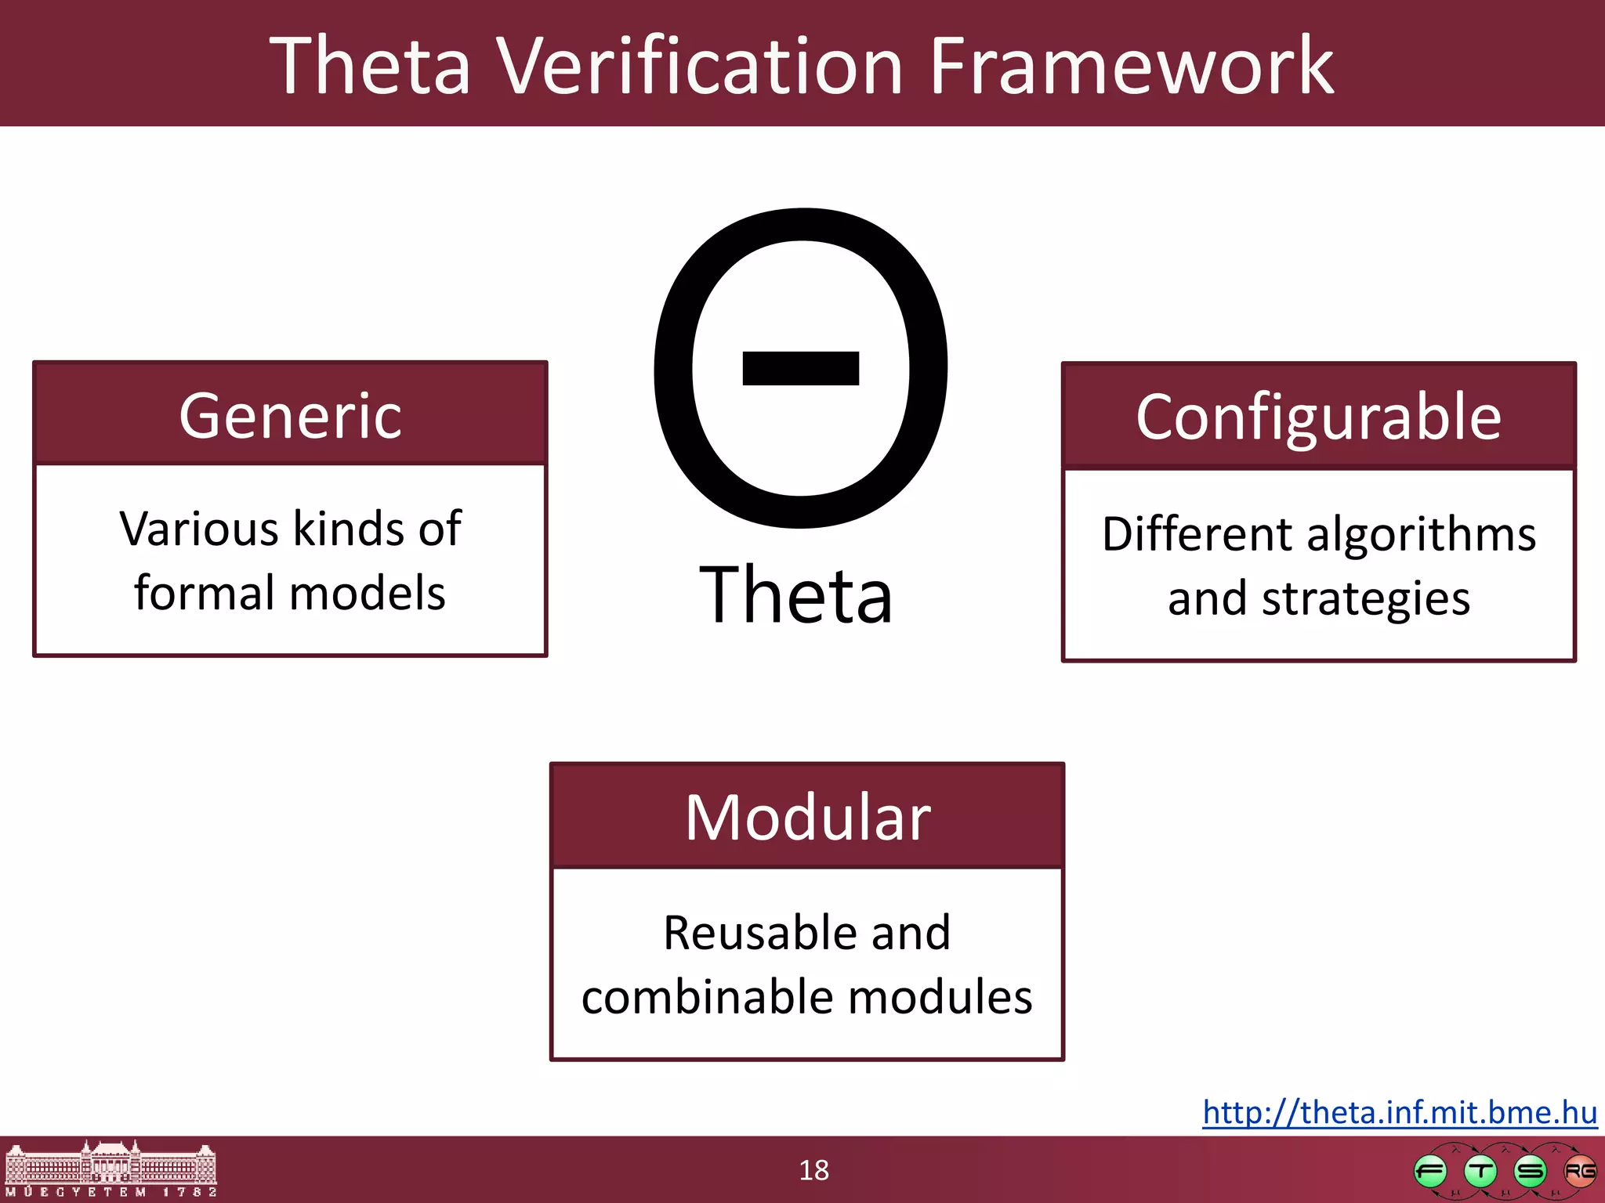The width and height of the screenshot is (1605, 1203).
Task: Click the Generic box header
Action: (290, 415)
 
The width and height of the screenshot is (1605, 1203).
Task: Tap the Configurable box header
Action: (1318, 417)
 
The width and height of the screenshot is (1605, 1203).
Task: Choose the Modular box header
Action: (807, 817)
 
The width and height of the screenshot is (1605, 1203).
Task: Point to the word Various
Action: (200, 529)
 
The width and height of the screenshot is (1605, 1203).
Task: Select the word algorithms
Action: (1421, 534)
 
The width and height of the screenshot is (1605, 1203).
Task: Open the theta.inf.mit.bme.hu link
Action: (1400, 1112)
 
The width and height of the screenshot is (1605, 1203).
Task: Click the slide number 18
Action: (813, 1170)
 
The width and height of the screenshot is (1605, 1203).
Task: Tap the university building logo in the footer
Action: (111, 1169)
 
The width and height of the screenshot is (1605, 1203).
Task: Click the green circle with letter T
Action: (1480, 1172)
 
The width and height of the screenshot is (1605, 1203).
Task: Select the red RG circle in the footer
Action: (1579, 1172)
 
